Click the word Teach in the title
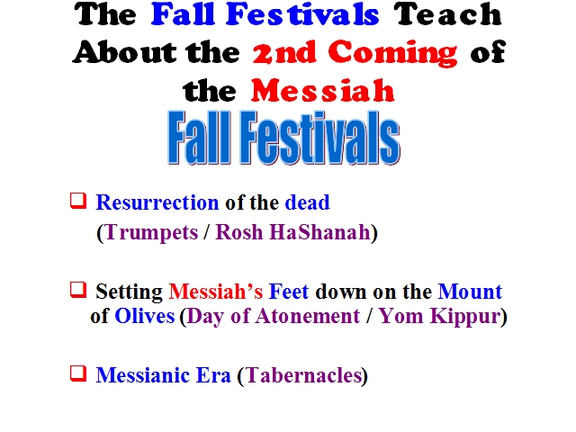448,14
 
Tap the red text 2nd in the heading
284,52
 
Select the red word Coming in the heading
392,54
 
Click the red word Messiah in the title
323,90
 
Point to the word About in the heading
124,52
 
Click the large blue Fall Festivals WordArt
283,138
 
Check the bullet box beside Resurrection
78,201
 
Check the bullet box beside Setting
78,290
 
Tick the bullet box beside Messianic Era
78,373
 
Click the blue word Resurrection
157,202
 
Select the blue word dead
308,202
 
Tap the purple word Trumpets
151,232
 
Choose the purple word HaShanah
319,232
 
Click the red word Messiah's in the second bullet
216,292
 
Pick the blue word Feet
289,292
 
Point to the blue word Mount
470,292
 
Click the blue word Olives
145,316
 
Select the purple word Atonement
308,316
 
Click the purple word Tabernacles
303,375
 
